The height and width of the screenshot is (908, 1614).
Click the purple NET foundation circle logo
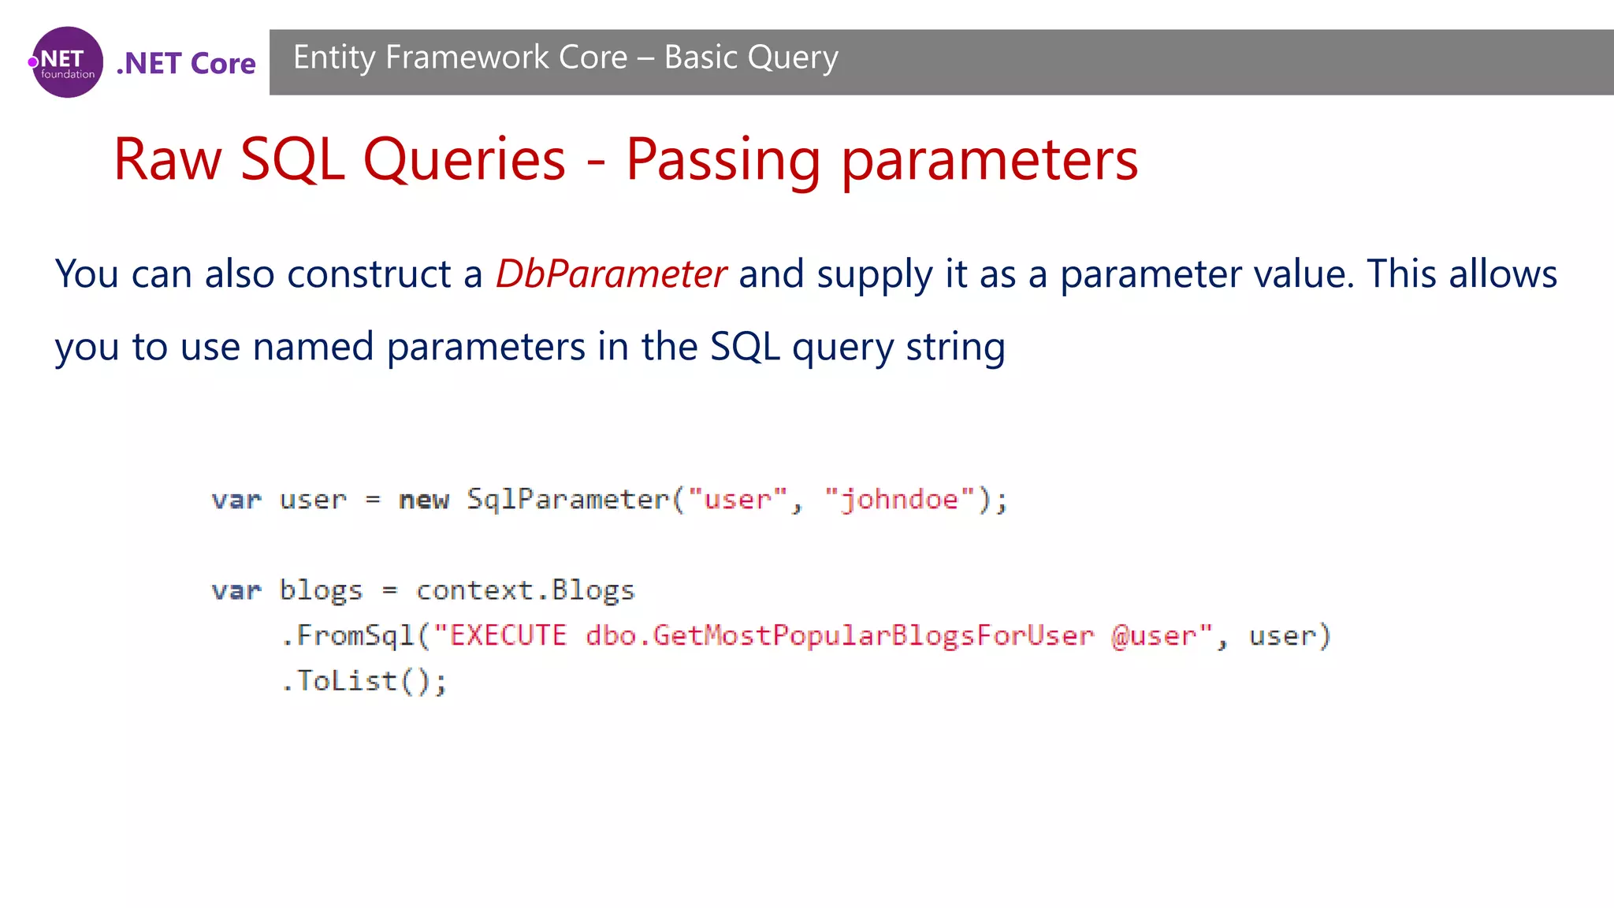67,62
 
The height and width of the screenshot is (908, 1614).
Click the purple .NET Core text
186,63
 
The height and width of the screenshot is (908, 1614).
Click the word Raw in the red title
168,160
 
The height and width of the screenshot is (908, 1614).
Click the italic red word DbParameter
611,274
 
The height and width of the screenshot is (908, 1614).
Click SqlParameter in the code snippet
567,499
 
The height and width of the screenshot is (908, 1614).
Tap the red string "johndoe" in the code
900,500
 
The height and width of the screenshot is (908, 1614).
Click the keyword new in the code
423,500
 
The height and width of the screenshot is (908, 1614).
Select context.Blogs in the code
525,590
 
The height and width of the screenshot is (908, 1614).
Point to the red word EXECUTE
508,635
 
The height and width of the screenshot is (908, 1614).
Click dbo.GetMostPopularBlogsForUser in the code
839,635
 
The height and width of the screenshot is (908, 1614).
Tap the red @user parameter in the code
1154,635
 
